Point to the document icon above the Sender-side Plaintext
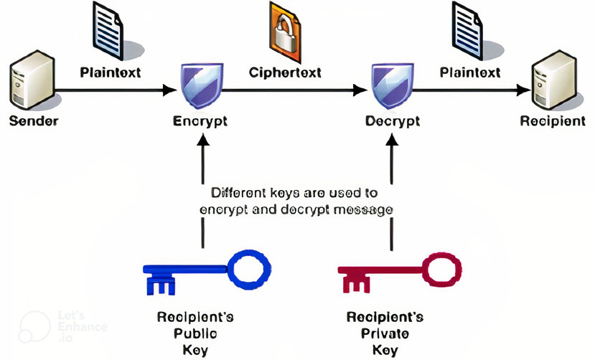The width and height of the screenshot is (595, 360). [109, 29]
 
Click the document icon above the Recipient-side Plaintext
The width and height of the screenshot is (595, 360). [469, 29]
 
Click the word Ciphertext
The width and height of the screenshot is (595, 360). [285, 72]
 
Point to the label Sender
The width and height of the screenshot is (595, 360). [34, 120]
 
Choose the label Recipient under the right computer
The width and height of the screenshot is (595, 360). [553, 120]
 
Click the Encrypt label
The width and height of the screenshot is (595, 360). [200, 120]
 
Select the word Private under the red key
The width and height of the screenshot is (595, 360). [385, 333]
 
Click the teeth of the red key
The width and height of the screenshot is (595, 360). [357, 283]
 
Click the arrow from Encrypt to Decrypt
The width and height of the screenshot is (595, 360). [294, 90]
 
